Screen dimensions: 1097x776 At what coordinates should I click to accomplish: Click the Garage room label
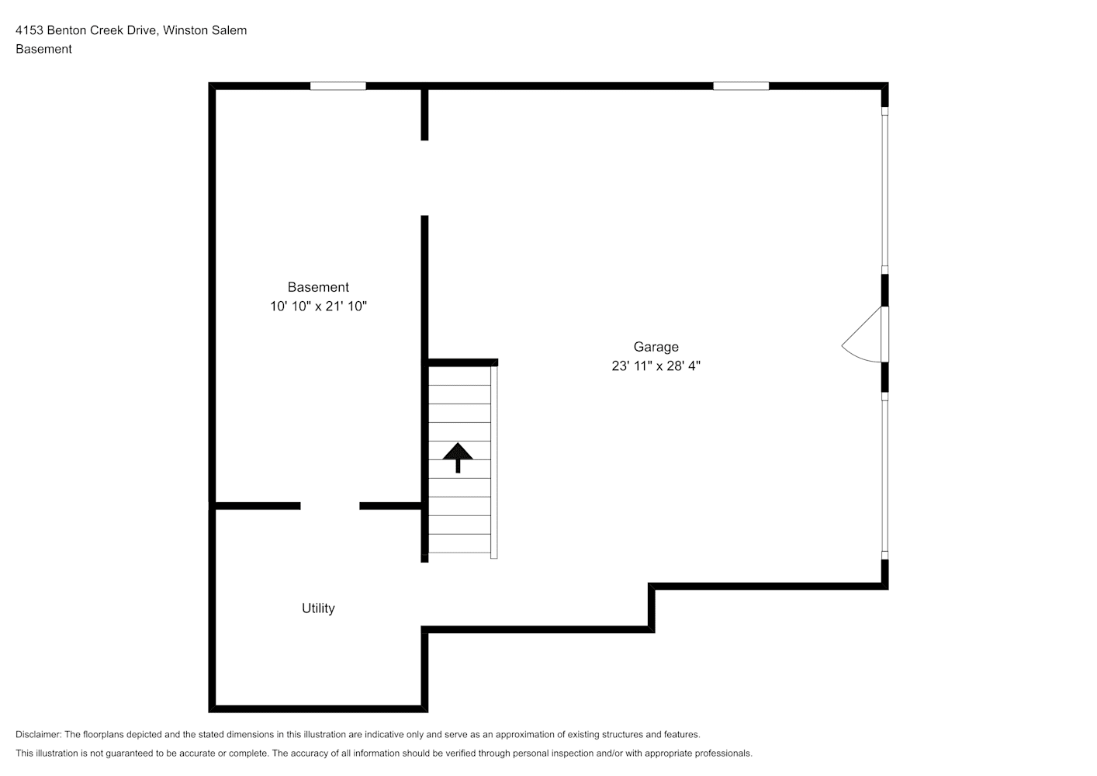[656, 347]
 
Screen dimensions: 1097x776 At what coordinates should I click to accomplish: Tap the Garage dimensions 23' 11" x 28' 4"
[656, 366]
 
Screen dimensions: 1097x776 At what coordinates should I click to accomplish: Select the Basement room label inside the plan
[318, 286]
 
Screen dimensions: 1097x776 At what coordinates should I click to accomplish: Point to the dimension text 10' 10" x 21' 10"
[318, 307]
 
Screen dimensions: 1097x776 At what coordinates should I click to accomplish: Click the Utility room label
[318, 608]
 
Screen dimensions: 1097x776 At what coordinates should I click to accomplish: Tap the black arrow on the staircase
[458, 458]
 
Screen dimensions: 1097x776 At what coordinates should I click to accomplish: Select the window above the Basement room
[338, 86]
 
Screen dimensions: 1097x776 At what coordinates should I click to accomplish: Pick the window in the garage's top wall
[741, 86]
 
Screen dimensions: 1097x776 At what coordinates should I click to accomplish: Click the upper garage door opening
[885, 191]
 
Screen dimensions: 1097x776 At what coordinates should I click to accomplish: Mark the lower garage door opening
[885, 476]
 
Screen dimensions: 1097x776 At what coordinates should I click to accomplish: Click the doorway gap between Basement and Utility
[330, 506]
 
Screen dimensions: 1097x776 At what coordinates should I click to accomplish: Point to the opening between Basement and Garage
[424, 178]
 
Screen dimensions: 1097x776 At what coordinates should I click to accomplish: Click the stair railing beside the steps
[494, 462]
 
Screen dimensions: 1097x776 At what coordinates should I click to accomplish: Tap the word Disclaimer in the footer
[39, 734]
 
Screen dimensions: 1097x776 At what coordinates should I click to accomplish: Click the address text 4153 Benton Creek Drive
[86, 30]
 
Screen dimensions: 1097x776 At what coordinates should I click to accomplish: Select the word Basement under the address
[43, 49]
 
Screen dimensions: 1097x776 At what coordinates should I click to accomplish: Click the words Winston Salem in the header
[205, 30]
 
